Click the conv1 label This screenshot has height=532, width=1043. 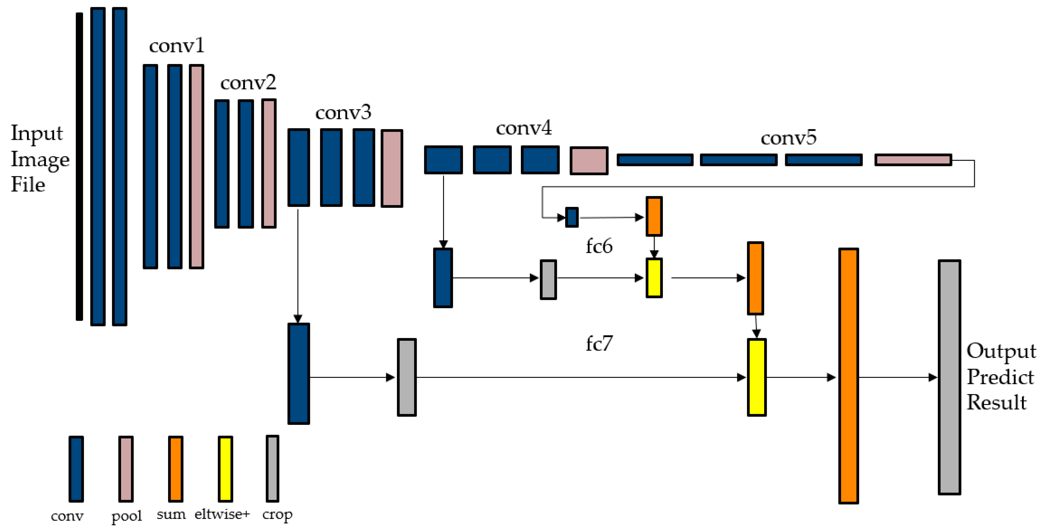pos(177,46)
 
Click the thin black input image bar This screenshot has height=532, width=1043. pos(79,166)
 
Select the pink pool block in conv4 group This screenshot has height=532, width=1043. pos(589,161)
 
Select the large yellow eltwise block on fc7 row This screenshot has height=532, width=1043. pos(756,377)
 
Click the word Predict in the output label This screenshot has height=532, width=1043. pos(1000,377)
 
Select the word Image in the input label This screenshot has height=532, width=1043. pos(40,159)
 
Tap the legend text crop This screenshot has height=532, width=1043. pos(277,515)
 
